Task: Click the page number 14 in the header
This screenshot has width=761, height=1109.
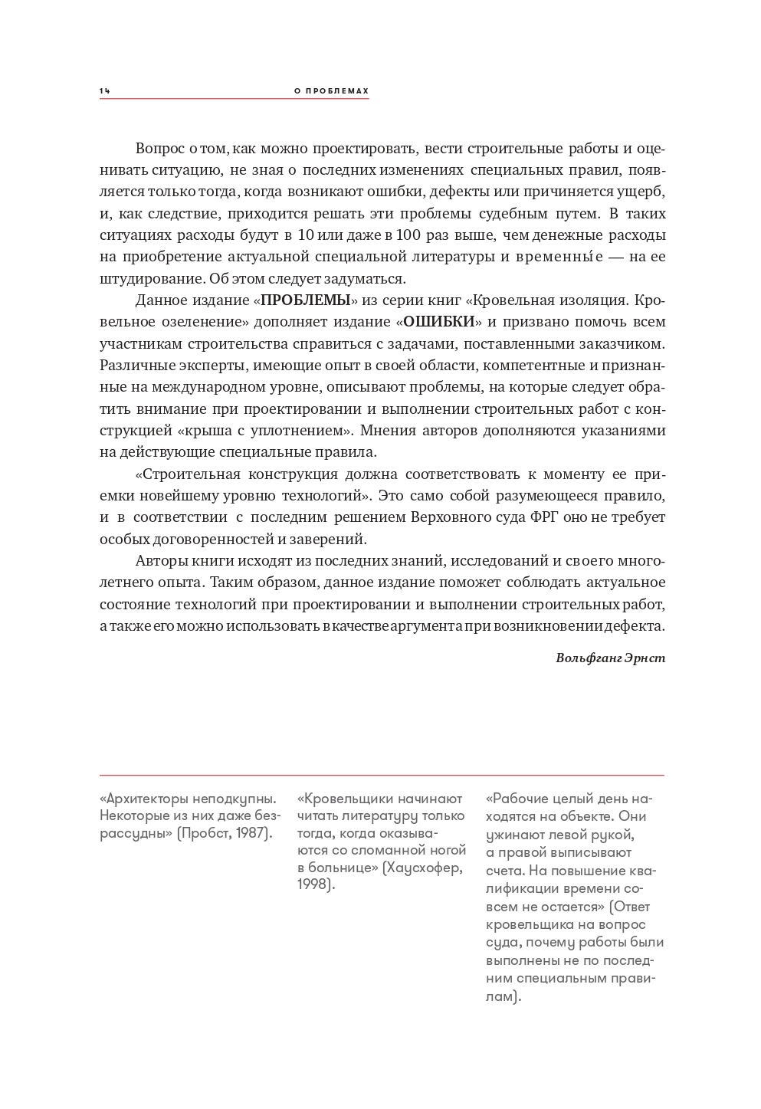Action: click(x=105, y=91)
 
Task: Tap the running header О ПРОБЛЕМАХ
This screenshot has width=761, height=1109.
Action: click(x=331, y=91)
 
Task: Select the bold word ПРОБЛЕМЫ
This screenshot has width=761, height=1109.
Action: click(x=306, y=300)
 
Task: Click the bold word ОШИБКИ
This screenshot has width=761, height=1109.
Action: click(x=439, y=321)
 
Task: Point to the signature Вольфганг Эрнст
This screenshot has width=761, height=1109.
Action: click(x=611, y=658)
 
